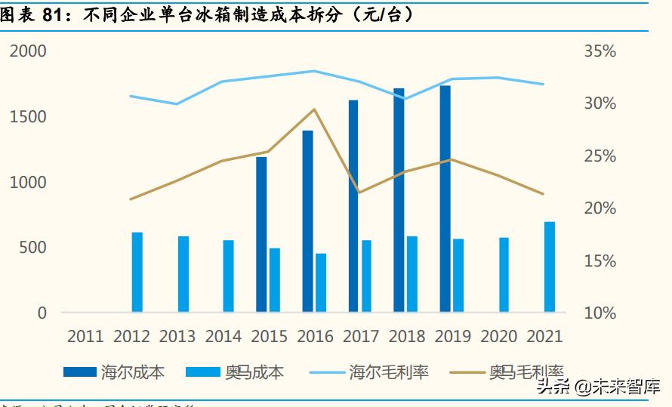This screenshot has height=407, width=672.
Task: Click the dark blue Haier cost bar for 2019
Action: pyautogui.click(x=445, y=199)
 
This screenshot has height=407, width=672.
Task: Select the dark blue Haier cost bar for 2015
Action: pyautogui.click(x=261, y=234)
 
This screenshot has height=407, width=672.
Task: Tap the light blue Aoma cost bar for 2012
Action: pyautogui.click(x=137, y=272)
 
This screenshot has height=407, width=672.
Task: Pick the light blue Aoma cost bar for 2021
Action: pyautogui.click(x=550, y=267)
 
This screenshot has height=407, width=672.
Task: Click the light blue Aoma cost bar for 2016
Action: pyautogui.click(x=321, y=282)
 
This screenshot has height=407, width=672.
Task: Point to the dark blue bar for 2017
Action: pyautogui.click(x=353, y=205)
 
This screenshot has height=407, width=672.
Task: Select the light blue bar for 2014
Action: pyautogui.click(x=229, y=276)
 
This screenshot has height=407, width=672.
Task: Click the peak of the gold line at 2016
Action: pyautogui.click(x=314, y=109)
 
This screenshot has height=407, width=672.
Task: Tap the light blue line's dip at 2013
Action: pyautogui.click(x=177, y=103)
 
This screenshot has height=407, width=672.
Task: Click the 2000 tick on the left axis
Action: pyautogui.click(x=28, y=51)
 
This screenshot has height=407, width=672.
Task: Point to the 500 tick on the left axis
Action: pyautogui.click(x=32, y=248)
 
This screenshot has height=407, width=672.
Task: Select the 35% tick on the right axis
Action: pyautogui.click(x=600, y=51)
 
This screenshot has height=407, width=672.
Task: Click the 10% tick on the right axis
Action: pyautogui.click(x=600, y=313)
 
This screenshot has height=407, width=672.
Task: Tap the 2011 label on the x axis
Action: pyautogui.click(x=86, y=336)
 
